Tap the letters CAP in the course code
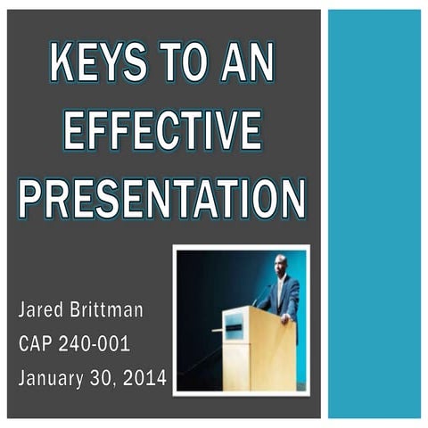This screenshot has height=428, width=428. coord(37,344)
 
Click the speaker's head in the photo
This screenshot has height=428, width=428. coord(281,265)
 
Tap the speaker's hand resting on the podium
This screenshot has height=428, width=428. coord(284,317)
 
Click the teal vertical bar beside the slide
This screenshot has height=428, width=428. coord(374,214)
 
